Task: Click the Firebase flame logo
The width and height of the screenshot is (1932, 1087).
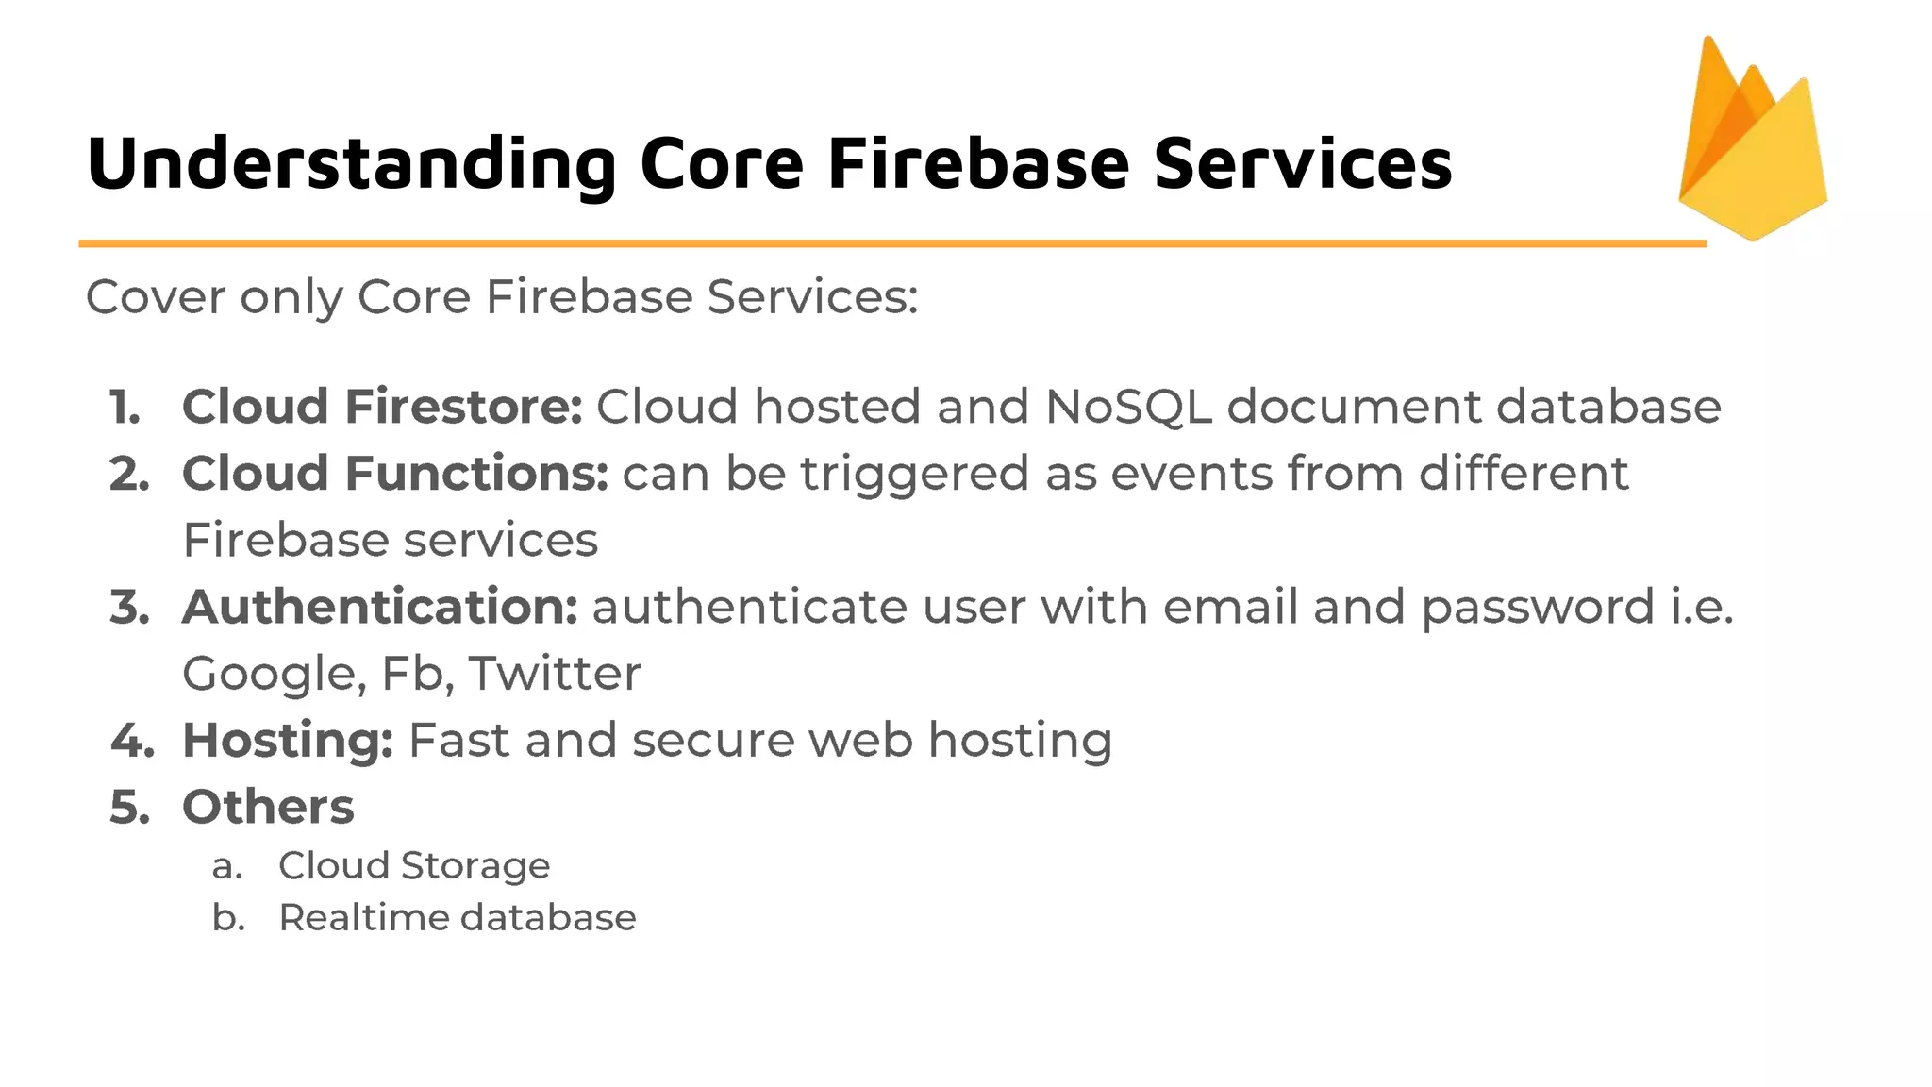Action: [1753, 142]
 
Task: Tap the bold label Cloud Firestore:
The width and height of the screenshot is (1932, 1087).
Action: [382, 407]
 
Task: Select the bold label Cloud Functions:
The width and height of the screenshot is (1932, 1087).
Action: [395, 474]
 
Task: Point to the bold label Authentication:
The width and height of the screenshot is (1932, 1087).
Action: [380, 607]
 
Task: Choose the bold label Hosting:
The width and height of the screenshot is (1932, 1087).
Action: [288, 741]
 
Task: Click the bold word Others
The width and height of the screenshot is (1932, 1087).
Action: [268, 808]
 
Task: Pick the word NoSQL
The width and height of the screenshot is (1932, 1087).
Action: [1128, 407]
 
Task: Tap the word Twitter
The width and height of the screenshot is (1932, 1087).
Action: [555, 674]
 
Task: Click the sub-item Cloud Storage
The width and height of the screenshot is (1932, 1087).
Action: [414, 866]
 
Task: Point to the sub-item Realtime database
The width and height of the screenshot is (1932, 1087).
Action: [458, 918]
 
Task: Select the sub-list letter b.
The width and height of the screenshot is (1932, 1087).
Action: [228, 918]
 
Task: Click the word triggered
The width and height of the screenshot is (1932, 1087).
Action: [914, 475]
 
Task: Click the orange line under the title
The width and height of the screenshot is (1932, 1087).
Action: [891, 243]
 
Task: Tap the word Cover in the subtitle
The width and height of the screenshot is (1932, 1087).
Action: [156, 297]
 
